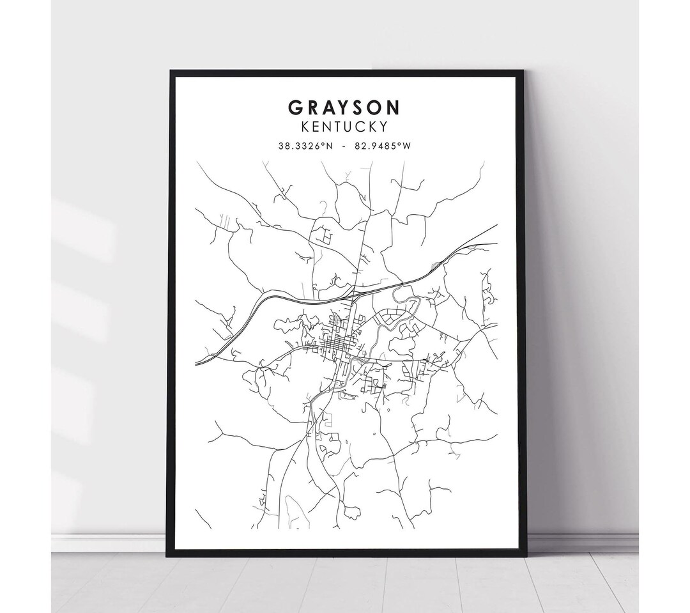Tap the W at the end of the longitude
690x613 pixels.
pos(406,146)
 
